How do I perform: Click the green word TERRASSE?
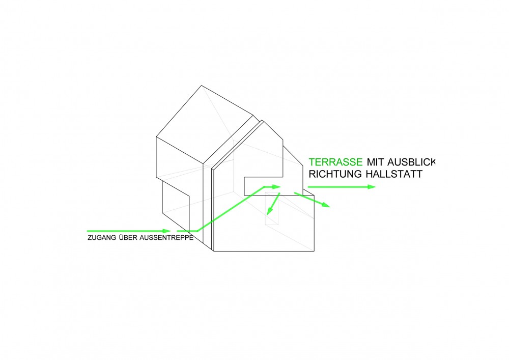(x=335, y=162)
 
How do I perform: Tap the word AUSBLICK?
(x=411, y=162)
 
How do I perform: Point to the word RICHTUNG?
(x=335, y=174)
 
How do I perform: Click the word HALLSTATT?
(x=394, y=174)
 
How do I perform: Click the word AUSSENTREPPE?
(x=166, y=238)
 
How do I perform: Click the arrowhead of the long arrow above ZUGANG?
(x=166, y=231)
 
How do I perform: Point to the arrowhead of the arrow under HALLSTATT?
(x=372, y=187)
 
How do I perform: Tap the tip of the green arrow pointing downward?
(x=267, y=215)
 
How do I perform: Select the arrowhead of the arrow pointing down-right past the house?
(x=326, y=205)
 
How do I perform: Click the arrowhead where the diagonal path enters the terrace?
(x=276, y=187)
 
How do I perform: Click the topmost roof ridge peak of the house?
(x=201, y=86)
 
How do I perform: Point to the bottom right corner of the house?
(x=314, y=251)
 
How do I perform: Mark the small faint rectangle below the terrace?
(x=272, y=208)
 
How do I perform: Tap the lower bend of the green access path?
(x=197, y=231)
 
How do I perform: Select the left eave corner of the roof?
(x=156, y=136)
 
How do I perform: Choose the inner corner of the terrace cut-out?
(x=282, y=177)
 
